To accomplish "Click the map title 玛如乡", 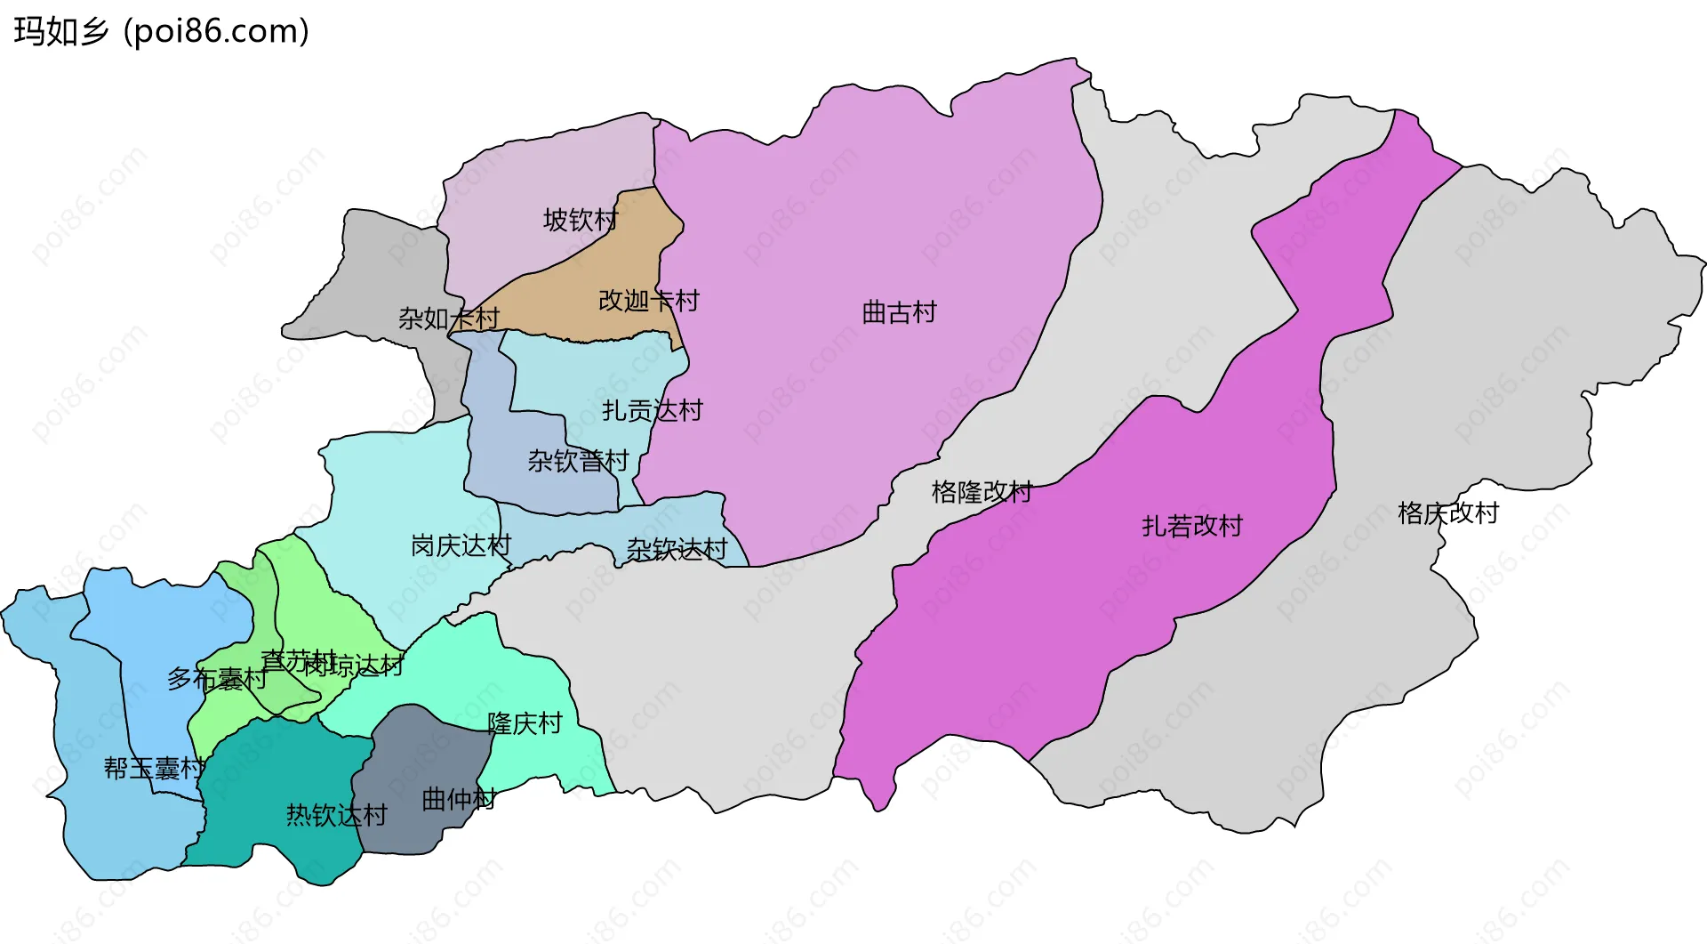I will (60, 32).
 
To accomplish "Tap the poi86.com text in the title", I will (216, 32).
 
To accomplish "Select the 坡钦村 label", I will (581, 220).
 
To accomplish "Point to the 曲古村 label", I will (899, 312).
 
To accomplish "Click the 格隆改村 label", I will (982, 492).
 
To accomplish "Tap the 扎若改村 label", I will (1191, 526).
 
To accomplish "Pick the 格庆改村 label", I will (1447, 513).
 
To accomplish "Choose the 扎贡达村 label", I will (652, 410).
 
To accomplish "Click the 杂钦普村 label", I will (578, 461).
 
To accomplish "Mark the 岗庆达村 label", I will (461, 545).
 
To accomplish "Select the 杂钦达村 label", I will (677, 550).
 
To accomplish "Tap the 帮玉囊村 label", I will (154, 768).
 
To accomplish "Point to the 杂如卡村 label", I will (448, 318).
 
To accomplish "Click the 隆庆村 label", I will (525, 723).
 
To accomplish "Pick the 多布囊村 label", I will (216, 679).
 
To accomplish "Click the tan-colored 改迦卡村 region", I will (578, 285).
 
